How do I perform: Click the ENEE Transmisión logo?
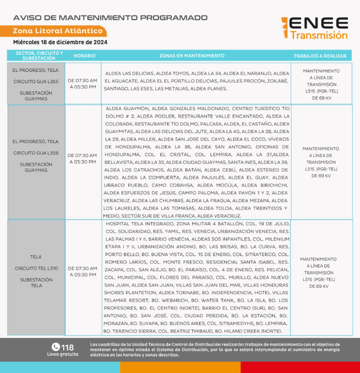point(315,28)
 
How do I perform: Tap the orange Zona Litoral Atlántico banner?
point(58,31)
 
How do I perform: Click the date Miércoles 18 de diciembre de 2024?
point(60,42)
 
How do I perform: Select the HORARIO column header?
point(84,55)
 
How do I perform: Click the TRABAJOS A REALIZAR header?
point(320,55)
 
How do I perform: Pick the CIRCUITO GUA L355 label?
point(36,82)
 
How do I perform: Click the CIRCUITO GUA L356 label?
point(36,153)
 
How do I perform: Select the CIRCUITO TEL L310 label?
point(36,268)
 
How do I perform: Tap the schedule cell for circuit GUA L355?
point(83,84)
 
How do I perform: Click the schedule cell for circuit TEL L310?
point(83,271)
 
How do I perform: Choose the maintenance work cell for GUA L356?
point(321,162)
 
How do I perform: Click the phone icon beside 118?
point(55,347)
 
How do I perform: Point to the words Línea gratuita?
point(63,354)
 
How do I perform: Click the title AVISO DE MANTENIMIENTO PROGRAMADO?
point(110,18)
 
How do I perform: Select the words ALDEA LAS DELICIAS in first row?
point(128,73)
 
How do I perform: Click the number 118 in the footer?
point(68,347)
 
